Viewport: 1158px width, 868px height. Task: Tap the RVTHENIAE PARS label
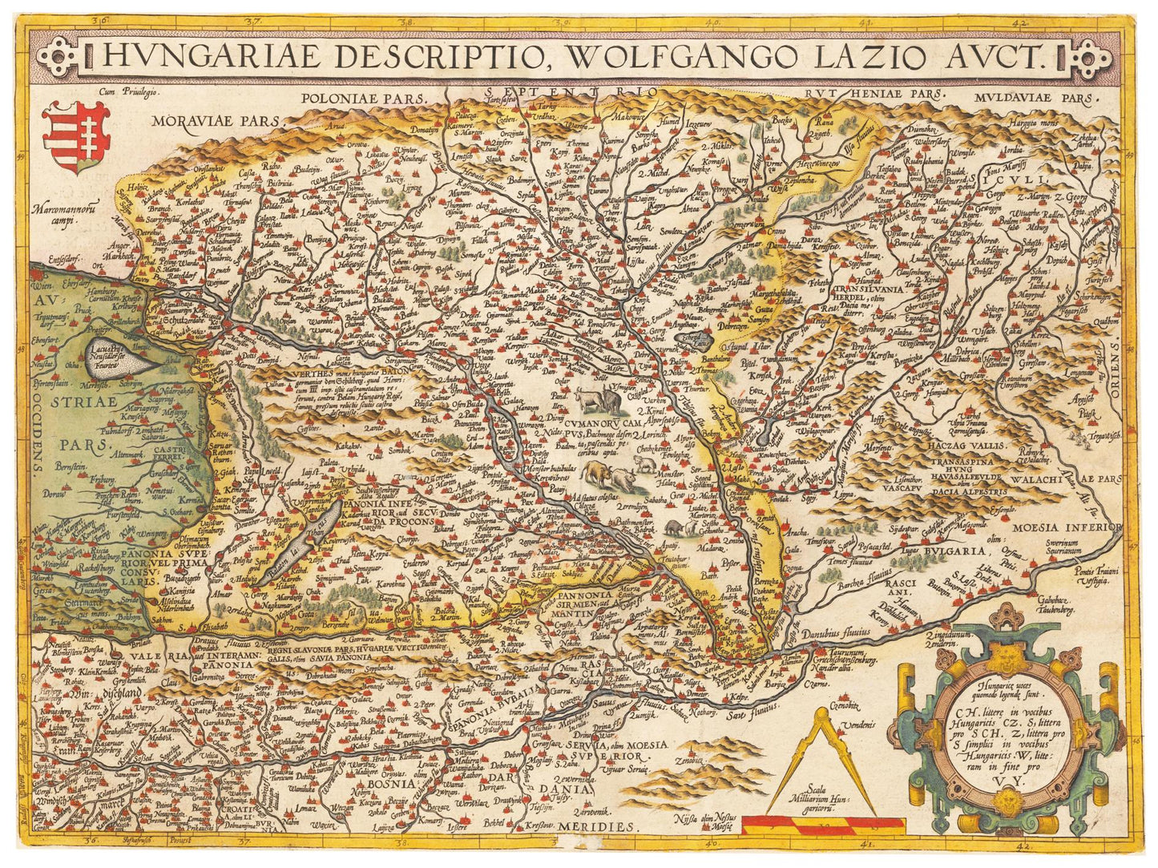pos(873,93)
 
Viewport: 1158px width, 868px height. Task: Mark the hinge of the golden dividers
pos(821,716)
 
